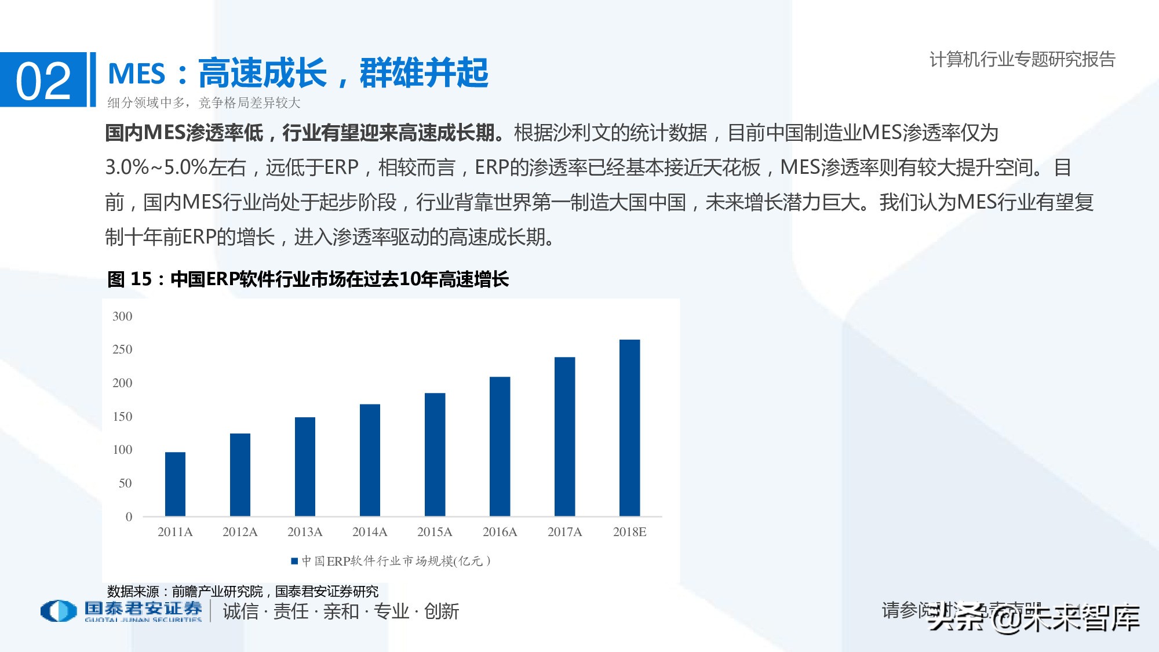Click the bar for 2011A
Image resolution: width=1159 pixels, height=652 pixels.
pos(175,484)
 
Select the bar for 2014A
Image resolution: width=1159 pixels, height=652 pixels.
pos(370,460)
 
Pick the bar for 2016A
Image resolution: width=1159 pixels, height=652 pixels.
pos(500,446)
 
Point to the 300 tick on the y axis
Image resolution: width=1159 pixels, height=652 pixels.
pos(122,316)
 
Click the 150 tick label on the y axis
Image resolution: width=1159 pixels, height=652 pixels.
pos(122,417)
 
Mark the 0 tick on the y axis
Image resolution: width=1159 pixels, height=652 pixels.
pos(129,517)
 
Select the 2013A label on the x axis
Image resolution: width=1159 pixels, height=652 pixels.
pos(305,532)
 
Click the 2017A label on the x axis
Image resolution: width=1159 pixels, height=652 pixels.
pos(564,532)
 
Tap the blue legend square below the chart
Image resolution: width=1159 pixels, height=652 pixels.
pos(294,561)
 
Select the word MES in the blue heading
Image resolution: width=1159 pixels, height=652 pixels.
pos(137,74)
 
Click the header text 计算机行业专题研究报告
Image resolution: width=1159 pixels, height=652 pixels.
pos(1022,59)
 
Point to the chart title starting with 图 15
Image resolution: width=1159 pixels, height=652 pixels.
pos(308,279)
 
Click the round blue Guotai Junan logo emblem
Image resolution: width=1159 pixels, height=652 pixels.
pos(59,611)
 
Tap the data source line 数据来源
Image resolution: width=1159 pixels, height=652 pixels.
pos(242,592)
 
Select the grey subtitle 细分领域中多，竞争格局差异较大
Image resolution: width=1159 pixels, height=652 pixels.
pos(204,103)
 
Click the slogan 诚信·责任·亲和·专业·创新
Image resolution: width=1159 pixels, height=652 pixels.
pos(341,611)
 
